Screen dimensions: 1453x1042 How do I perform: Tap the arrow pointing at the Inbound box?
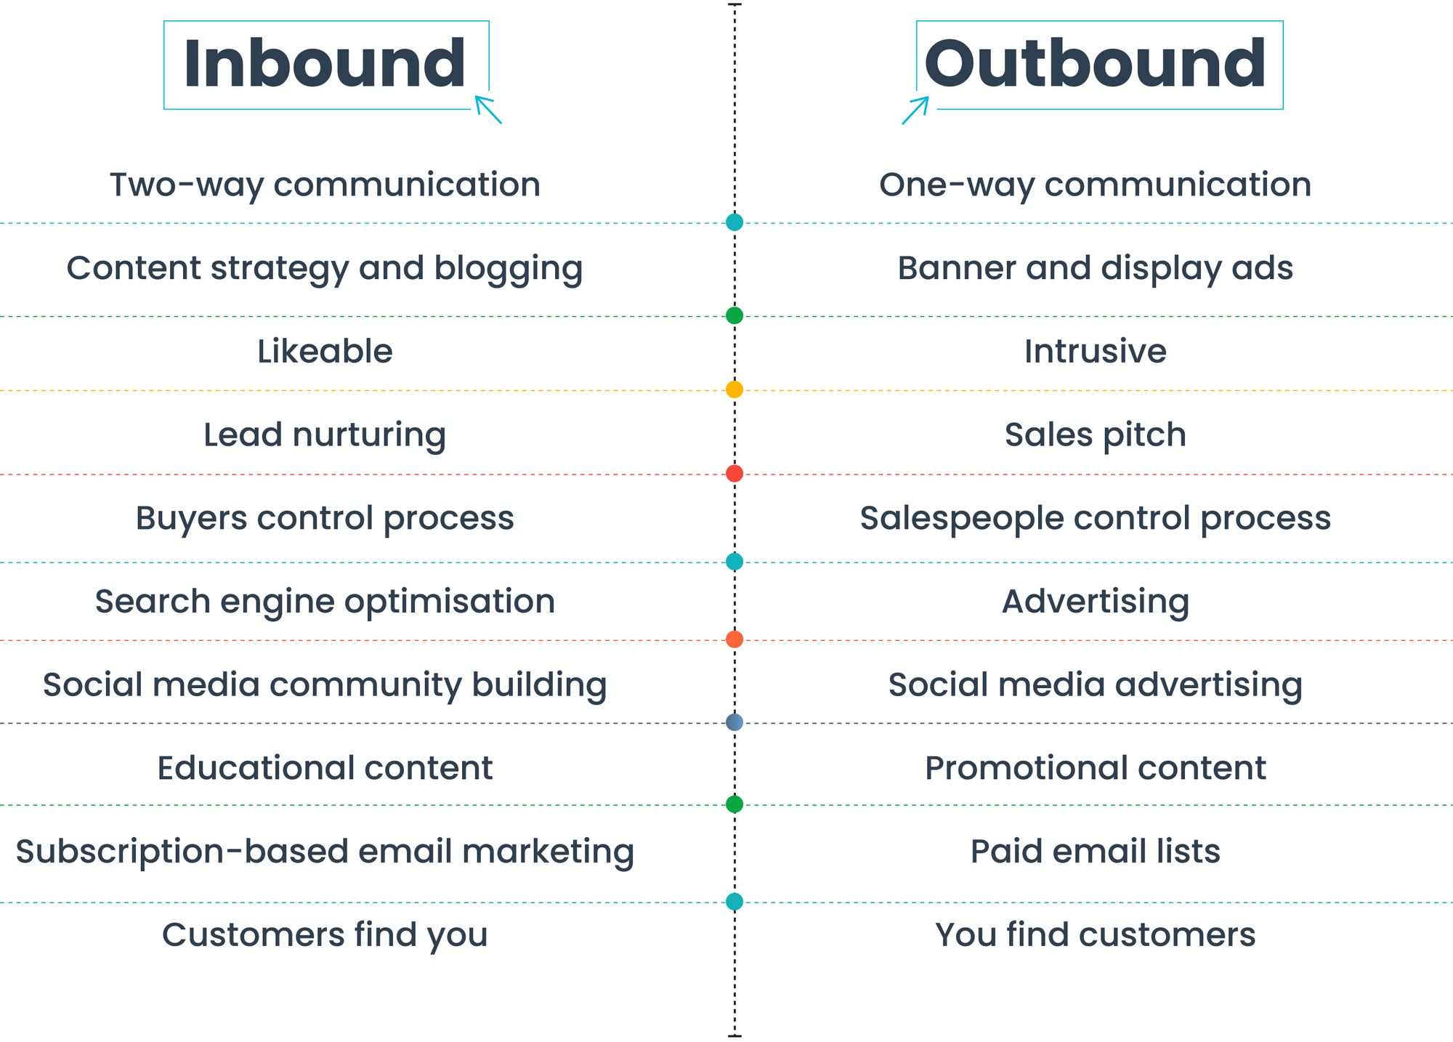pyautogui.click(x=488, y=110)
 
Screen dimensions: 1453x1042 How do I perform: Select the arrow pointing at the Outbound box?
pyautogui.click(x=915, y=110)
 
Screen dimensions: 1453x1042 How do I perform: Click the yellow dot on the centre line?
pyautogui.click(x=734, y=389)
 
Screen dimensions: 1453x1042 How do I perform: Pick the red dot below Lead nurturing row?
pyautogui.click(x=734, y=474)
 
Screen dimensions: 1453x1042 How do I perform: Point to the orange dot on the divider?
pyautogui.click(x=734, y=639)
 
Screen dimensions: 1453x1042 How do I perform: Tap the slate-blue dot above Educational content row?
pyautogui.click(x=734, y=722)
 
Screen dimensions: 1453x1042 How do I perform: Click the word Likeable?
pyautogui.click(x=325, y=352)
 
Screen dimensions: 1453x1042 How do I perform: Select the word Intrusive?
pyautogui.click(x=1095, y=352)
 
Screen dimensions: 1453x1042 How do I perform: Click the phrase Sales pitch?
pyautogui.click(x=1095, y=435)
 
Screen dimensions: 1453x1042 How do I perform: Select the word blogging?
pyautogui.click(x=509, y=269)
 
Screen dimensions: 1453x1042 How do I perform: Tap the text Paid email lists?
pyautogui.click(x=1095, y=852)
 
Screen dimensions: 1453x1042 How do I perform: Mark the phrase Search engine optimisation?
pyautogui.click(x=325, y=602)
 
